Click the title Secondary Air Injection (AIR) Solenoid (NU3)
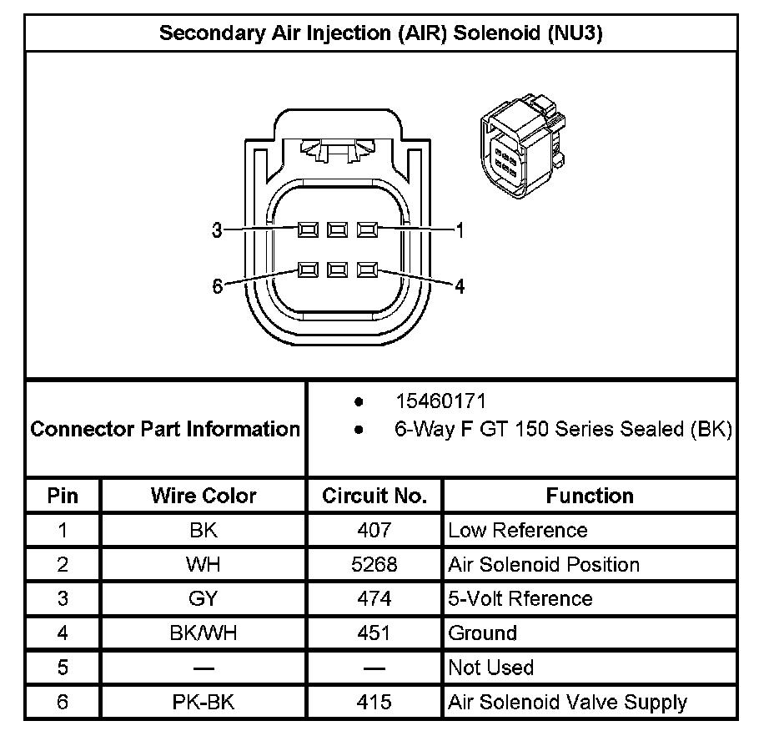pyautogui.click(x=381, y=33)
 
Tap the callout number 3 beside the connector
pyautogui.click(x=217, y=229)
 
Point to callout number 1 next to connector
pyautogui.click(x=459, y=229)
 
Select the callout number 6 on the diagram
pyautogui.click(x=218, y=286)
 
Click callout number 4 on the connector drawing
pyautogui.click(x=459, y=286)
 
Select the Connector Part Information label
pyautogui.click(x=165, y=429)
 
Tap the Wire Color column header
pyautogui.click(x=204, y=496)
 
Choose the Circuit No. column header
pyautogui.click(x=374, y=496)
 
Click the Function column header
pyautogui.click(x=590, y=496)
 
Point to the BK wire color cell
pyautogui.click(x=204, y=530)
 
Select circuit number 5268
pyautogui.click(x=374, y=564)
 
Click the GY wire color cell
pyautogui.click(x=204, y=598)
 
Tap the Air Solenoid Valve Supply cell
pyautogui.click(x=567, y=702)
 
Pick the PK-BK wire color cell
pyautogui.click(x=204, y=702)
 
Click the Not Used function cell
pyautogui.click(x=490, y=668)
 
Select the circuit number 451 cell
pyautogui.click(x=374, y=633)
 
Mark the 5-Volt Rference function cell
pyautogui.click(x=520, y=598)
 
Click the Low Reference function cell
pyautogui.click(x=517, y=530)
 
